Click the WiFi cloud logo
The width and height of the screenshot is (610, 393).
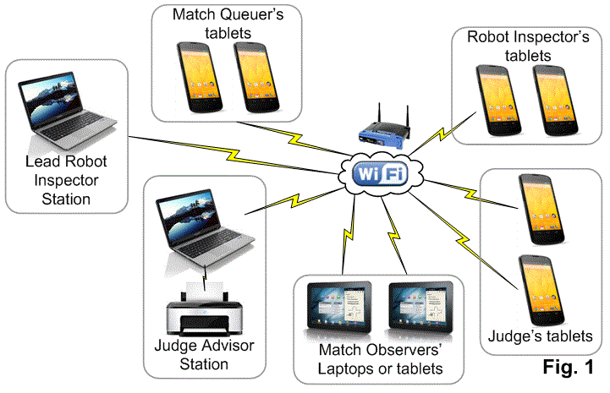point(381,173)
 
